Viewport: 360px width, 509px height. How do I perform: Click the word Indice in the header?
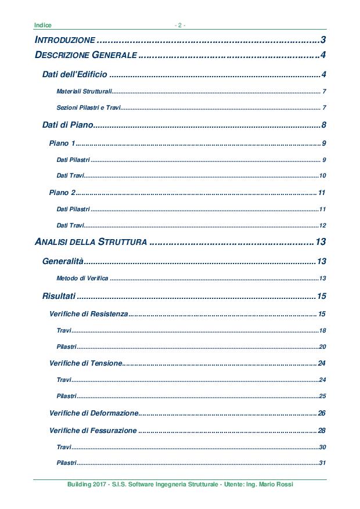43,25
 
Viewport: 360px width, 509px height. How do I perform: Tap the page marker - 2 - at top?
180,25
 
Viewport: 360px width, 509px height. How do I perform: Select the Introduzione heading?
65,40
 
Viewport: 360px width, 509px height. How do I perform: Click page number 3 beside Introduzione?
323,40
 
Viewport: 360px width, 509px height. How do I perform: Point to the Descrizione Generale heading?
86,56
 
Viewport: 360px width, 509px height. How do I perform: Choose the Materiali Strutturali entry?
84,92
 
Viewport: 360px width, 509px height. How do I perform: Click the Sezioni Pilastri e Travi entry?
89,108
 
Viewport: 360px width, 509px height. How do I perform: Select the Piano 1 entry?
62,143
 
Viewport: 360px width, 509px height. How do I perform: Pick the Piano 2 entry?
62,193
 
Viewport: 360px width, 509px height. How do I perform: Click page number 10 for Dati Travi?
322,176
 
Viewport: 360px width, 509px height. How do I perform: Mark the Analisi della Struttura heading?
91,241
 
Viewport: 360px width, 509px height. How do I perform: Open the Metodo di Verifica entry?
82,279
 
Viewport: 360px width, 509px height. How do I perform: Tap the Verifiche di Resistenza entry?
88,314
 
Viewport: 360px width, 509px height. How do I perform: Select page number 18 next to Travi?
322,330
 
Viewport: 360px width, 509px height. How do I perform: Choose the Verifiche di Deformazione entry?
94,413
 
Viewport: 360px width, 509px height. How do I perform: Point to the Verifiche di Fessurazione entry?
93,431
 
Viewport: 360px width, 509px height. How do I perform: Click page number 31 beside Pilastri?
322,463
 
